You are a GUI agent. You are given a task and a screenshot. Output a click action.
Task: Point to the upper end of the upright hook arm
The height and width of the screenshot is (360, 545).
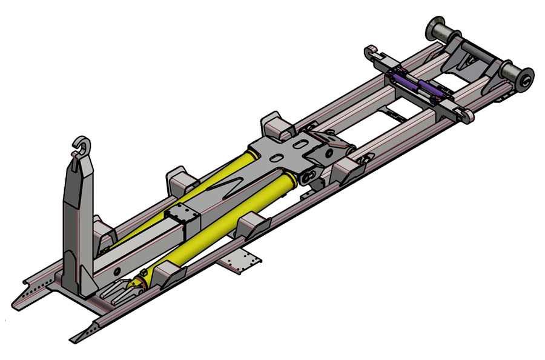(80, 164)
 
